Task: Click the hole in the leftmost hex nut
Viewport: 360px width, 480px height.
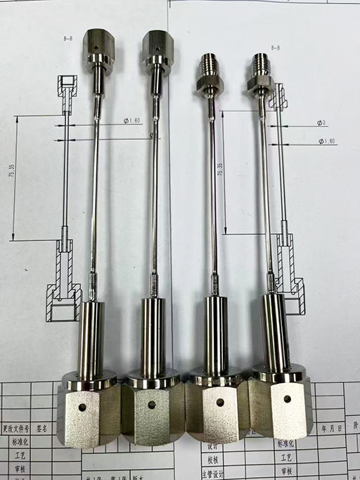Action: (x=82, y=408)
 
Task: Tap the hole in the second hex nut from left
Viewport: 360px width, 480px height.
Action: (x=151, y=405)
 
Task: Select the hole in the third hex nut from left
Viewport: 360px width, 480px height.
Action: (x=219, y=403)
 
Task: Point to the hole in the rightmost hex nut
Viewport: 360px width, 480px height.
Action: (x=287, y=398)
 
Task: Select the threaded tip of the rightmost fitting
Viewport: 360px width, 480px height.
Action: (x=260, y=64)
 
